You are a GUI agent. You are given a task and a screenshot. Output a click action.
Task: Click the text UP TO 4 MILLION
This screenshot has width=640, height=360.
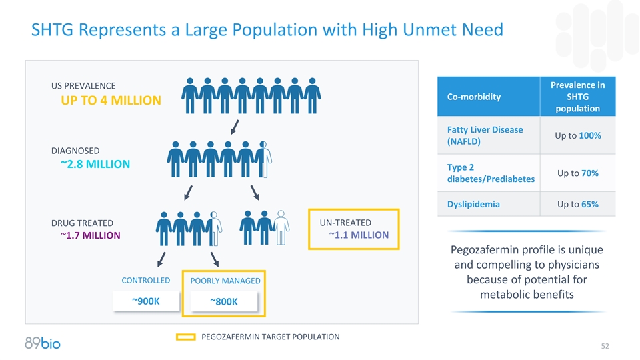[111, 101]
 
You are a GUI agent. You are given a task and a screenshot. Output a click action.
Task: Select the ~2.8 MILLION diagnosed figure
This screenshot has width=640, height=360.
[95, 164]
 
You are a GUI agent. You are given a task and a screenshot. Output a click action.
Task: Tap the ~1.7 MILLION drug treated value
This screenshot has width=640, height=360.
[90, 235]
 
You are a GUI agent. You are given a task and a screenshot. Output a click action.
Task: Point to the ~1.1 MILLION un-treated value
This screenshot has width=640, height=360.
[358, 235]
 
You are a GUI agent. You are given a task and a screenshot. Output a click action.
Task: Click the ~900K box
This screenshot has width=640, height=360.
[145, 301]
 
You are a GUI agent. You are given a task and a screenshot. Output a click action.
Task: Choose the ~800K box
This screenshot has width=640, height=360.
[223, 303]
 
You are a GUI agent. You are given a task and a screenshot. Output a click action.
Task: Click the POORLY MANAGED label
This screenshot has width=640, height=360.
[225, 281]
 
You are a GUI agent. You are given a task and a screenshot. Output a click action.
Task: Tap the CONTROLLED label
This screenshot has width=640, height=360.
[145, 281]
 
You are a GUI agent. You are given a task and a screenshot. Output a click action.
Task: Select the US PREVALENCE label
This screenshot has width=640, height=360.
[83, 86]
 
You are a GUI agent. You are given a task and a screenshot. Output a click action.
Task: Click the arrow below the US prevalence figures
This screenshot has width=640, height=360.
[235, 127]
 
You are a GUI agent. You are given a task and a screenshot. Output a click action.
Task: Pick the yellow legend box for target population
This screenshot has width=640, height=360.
[185, 337]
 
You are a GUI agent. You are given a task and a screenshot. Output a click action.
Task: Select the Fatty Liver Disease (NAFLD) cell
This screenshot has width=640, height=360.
[484, 135]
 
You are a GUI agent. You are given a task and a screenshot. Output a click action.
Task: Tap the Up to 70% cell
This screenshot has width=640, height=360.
[577, 173]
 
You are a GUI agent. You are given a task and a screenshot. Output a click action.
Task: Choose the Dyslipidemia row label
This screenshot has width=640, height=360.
[473, 204]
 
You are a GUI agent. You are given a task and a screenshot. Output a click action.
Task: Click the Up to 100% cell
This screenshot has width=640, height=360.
[577, 135]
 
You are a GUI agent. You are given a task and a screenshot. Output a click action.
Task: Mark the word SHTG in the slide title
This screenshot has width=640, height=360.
[52, 30]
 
